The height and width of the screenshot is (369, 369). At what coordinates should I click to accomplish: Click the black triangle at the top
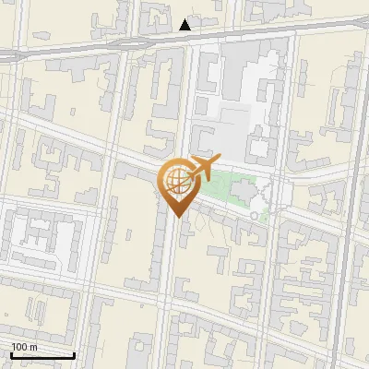coord(185,25)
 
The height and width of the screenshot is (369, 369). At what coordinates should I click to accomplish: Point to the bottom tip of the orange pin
coord(175,217)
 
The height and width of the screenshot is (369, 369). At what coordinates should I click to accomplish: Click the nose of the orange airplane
coord(217,160)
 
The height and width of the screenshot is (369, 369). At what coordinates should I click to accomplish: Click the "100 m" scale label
coord(24,347)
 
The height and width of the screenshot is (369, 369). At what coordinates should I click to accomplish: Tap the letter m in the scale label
coord(32,347)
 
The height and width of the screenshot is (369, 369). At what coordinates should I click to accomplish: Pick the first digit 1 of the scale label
coord(14,347)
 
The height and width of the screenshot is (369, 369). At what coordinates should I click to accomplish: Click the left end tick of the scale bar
coord(10,354)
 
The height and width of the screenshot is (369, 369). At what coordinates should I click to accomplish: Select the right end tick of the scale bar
coord(75,354)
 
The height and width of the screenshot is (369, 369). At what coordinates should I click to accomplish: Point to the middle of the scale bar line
coord(42,356)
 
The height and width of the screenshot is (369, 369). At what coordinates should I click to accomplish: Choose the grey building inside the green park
coord(243,190)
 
